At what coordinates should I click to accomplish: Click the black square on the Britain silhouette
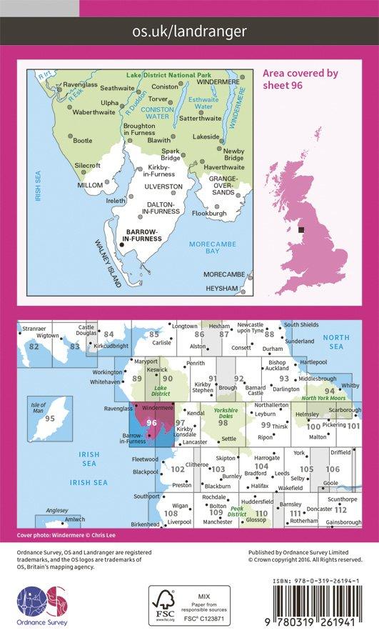click(x=302, y=230)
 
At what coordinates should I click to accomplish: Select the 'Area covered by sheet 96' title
click(x=300, y=78)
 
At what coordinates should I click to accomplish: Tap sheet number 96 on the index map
click(x=151, y=422)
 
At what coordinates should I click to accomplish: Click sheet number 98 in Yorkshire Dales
click(x=223, y=423)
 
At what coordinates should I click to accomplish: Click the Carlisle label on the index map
click(x=163, y=342)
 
